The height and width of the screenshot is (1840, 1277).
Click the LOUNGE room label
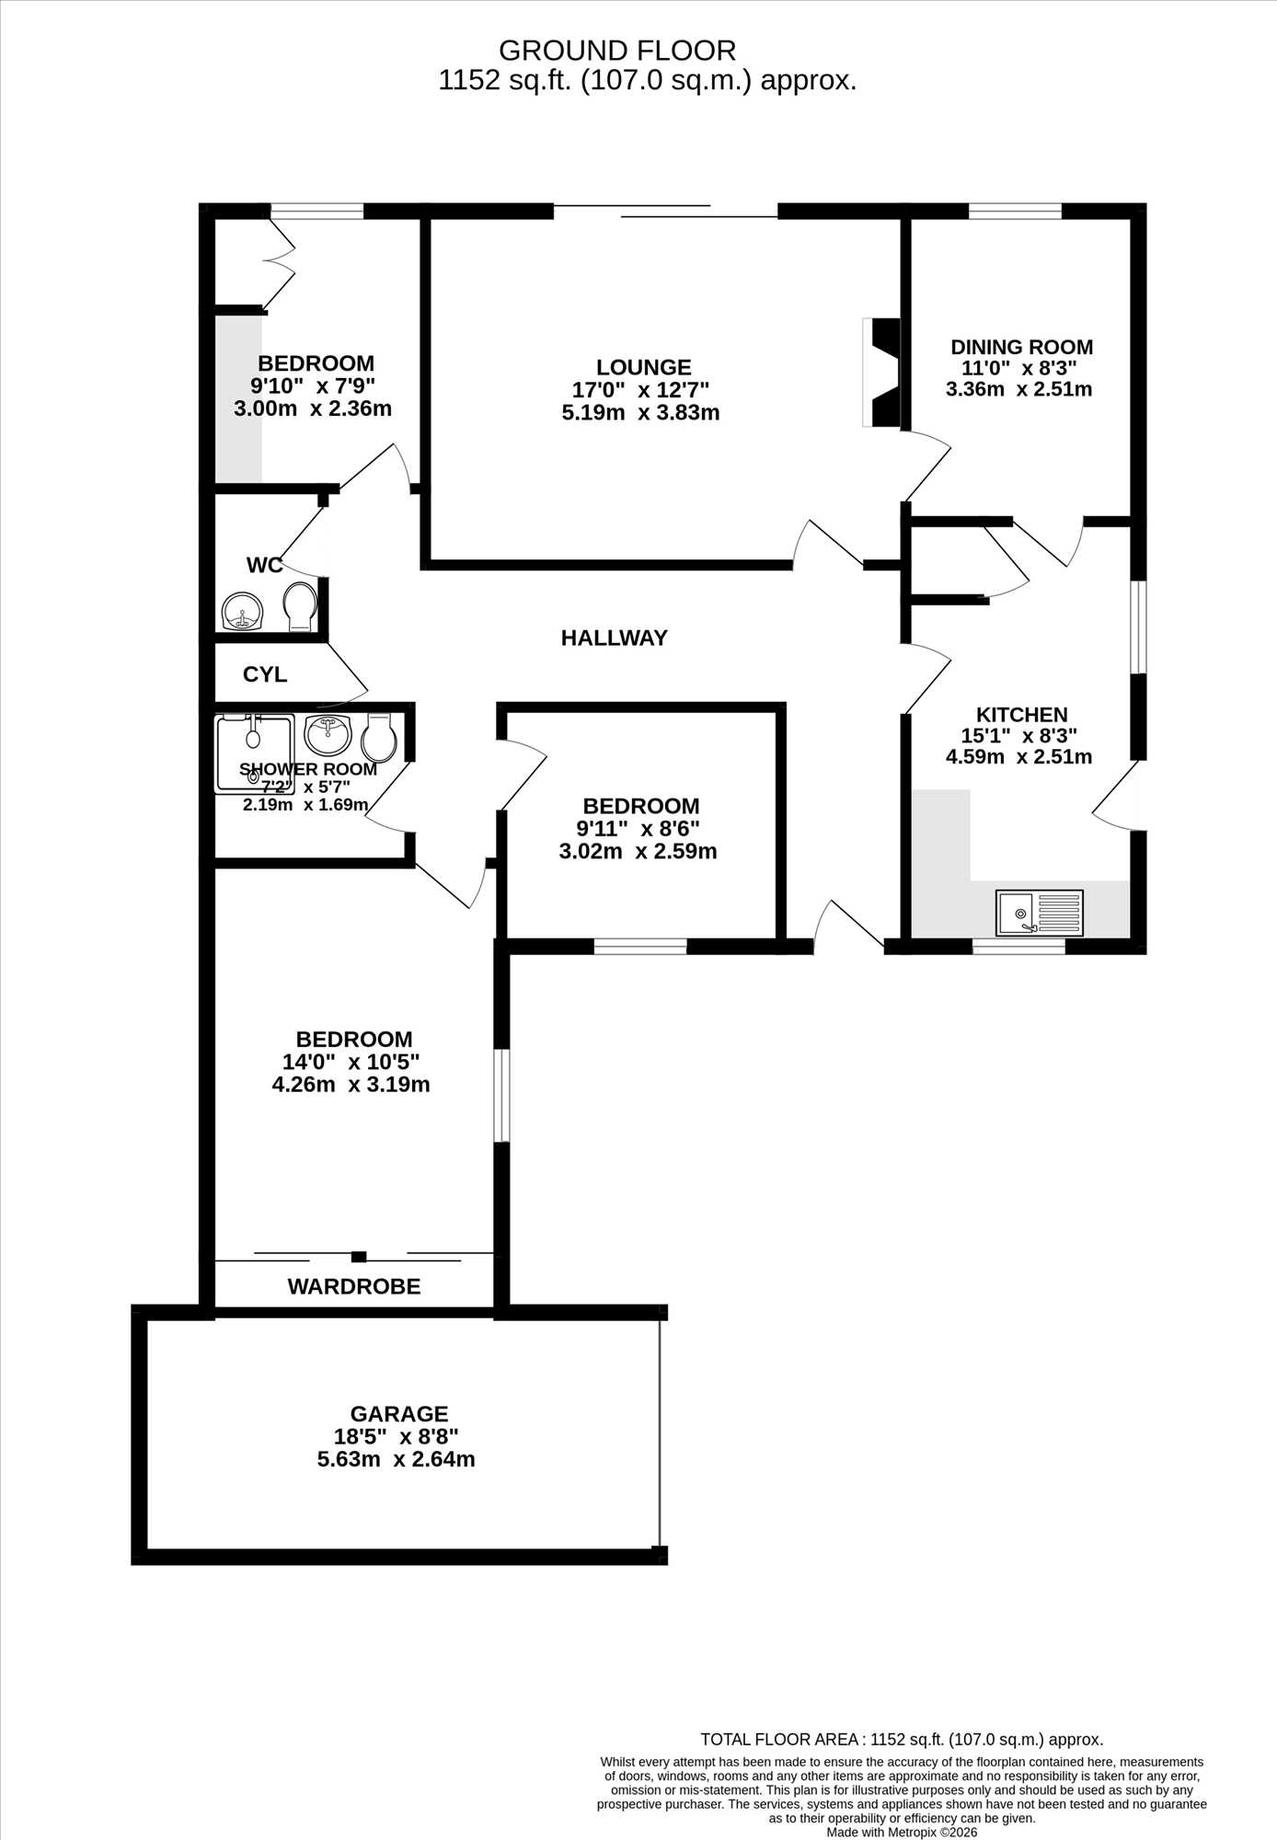pyautogui.click(x=643, y=367)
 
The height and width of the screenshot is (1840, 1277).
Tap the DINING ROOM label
pyautogui.click(x=1021, y=347)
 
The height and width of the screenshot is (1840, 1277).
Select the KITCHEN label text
pyautogui.click(x=1021, y=714)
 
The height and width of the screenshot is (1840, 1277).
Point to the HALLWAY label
pyautogui.click(x=614, y=638)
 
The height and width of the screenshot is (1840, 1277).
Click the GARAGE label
pyautogui.click(x=399, y=1414)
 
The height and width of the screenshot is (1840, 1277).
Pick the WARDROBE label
pyautogui.click(x=354, y=1286)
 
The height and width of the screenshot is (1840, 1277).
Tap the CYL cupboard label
pyautogui.click(x=265, y=674)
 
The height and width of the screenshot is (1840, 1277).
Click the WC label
pyautogui.click(x=264, y=565)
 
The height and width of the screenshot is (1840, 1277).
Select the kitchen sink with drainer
pyautogui.click(x=1039, y=912)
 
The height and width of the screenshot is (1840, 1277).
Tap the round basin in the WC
pyautogui.click(x=243, y=611)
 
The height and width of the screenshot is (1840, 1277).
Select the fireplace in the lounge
pyautogui.click(x=881, y=372)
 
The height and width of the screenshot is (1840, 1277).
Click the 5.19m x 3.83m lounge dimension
pyautogui.click(x=640, y=412)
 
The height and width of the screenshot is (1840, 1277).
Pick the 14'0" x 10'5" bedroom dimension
pyautogui.click(x=351, y=1062)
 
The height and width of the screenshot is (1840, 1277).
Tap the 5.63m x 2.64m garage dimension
pyautogui.click(x=397, y=1459)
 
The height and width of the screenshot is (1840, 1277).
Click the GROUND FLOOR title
pyautogui.click(x=617, y=50)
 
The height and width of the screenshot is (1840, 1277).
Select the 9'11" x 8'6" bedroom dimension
pyautogui.click(x=638, y=829)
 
